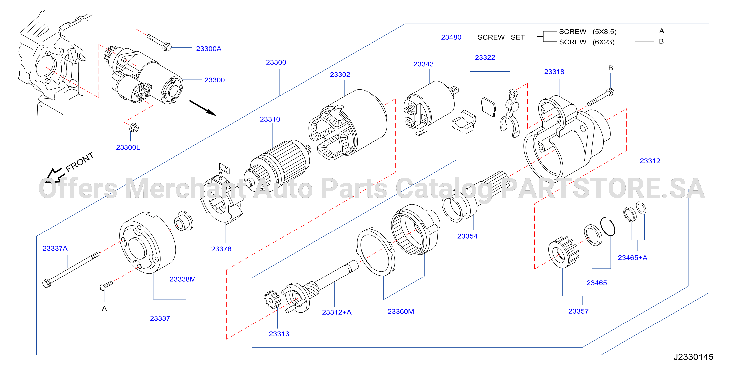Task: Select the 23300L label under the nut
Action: [128, 147]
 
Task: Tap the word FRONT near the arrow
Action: [80, 162]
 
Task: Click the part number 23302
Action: [340, 75]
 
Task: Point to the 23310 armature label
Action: [270, 119]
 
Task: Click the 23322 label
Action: [485, 57]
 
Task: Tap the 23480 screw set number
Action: [451, 37]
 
